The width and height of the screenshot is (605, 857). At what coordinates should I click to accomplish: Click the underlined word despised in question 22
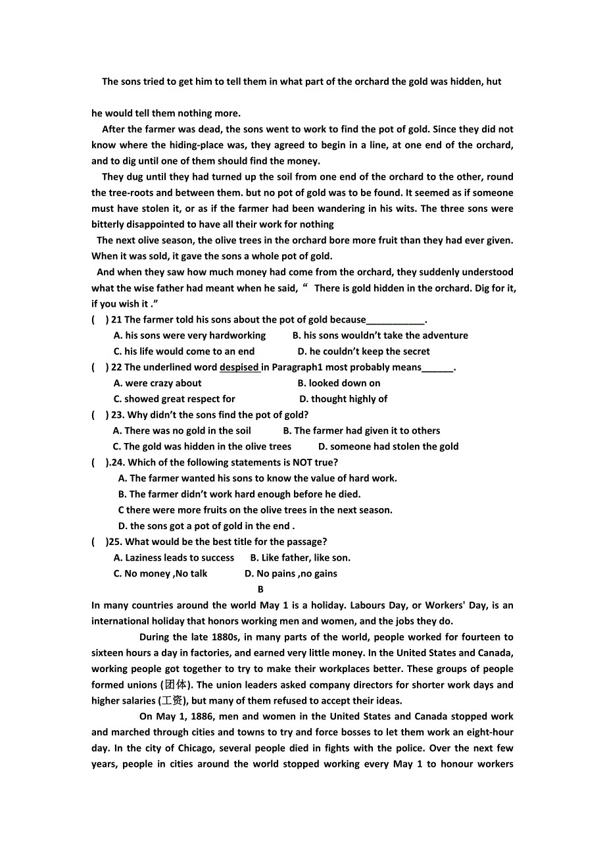(x=239, y=367)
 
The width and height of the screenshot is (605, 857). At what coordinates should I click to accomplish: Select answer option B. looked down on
(x=339, y=383)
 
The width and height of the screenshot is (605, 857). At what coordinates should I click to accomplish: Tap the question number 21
(x=116, y=320)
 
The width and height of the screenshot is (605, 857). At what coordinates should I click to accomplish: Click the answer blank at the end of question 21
(x=395, y=321)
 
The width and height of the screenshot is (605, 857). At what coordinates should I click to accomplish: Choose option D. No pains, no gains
(x=291, y=573)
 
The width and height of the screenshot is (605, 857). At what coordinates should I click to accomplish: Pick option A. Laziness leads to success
(x=174, y=558)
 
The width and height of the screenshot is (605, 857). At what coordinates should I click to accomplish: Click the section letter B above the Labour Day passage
(x=260, y=589)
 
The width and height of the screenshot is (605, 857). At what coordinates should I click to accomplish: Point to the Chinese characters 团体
(x=174, y=685)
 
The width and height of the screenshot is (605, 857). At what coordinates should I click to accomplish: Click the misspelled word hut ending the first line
(x=494, y=82)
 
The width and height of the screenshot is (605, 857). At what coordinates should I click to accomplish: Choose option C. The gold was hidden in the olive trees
(x=202, y=446)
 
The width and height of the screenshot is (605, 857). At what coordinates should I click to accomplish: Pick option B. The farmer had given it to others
(x=361, y=430)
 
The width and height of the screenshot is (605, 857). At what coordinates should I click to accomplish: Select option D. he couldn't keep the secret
(x=364, y=351)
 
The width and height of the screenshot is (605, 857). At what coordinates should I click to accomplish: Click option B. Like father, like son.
(x=300, y=558)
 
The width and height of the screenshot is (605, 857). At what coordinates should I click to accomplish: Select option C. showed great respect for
(x=174, y=399)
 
